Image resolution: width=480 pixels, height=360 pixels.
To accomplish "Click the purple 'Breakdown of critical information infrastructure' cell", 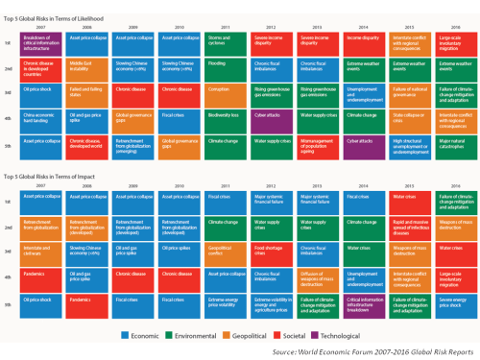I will tap(41, 40).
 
